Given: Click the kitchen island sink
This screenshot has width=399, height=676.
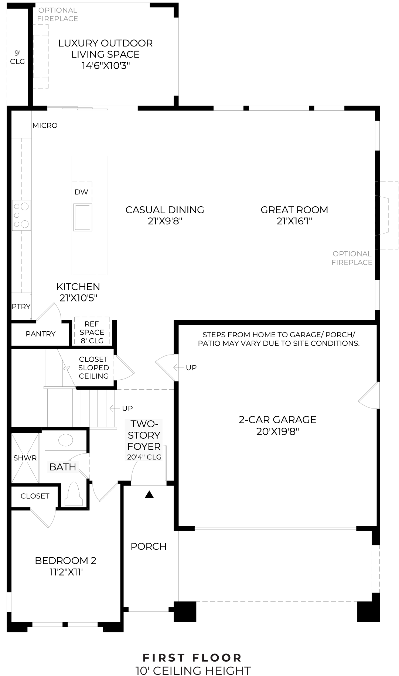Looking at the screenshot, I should tap(82, 217).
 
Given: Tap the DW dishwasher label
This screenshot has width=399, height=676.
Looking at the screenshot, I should tap(82, 192).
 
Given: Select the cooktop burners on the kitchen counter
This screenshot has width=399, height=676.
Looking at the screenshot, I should tap(21, 215).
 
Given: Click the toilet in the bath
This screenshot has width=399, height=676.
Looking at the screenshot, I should tap(74, 495).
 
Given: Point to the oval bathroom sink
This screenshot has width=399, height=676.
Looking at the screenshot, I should tap(66, 440).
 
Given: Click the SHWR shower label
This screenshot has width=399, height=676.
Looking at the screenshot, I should tap(25, 458).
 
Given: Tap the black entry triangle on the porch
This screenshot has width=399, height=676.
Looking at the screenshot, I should tap(149, 495).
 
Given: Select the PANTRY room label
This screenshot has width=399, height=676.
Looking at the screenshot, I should tap(41, 334).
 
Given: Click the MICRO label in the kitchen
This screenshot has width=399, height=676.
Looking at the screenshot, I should tap(45, 125).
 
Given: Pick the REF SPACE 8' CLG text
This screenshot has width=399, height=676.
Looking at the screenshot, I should tap(92, 332).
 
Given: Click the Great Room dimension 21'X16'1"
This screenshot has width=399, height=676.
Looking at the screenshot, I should tap(294, 221).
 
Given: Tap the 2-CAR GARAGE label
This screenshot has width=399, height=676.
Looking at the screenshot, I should tap(277, 420).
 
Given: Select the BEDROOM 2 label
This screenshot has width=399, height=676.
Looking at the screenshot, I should tap(65, 561).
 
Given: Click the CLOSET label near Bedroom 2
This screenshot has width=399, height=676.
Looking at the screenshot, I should tap(35, 496).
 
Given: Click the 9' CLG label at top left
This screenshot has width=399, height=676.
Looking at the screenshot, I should tap(17, 57).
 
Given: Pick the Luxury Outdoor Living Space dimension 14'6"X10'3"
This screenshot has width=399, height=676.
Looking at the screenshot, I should tap(105, 66).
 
